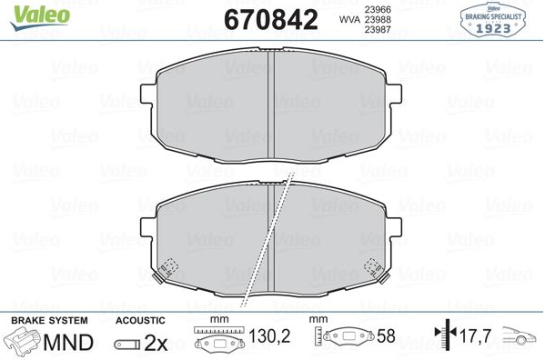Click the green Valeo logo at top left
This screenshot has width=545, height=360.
click(x=40, y=17)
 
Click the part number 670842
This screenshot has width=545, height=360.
click(x=271, y=20)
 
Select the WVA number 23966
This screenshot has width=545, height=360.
click(x=378, y=9)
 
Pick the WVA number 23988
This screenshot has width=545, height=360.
click(x=378, y=19)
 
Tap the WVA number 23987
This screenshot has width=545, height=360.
click(x=378, y=29)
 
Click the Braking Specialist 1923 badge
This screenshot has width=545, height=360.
click(x=493, y=19)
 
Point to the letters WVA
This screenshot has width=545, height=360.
click(x=349, y=20)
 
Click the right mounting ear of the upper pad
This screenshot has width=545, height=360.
click(x=394, y=94)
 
